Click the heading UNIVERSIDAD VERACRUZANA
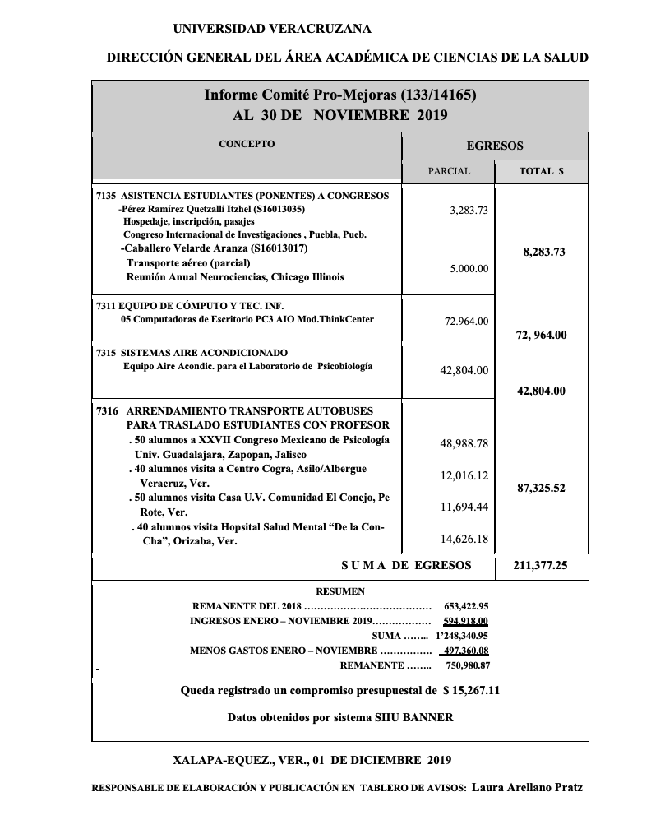tap(272, 29)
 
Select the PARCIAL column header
tap(449, 172)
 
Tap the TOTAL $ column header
tap(542, 172)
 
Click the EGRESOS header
tap(495, 146)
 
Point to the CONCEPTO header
tap(247, 144)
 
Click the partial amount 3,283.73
tap(469, 210)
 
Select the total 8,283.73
tap(543, 252)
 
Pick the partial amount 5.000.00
tap(469, 269)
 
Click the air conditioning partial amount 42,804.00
tap(464, 371)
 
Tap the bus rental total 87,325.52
tap(541, 488)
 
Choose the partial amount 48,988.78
tap(464, 443)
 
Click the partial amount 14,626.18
tap(464, 539)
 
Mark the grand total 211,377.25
tap(540, 565)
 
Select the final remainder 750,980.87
tap(468, 665)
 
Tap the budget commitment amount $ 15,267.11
tap(471, 690)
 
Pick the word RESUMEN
tap(340, 591)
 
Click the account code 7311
tap(106, 305)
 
